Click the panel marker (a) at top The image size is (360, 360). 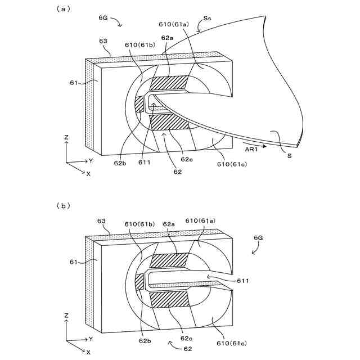pyautogui.click(x=62, y=9)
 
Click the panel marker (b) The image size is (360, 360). pyautogui.click(x=62, y=206)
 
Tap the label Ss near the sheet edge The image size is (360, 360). pyautogui.click(x=208, y=19)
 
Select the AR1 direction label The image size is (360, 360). pyautogui.click(x=251, y=149)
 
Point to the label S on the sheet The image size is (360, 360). pyautogui.click(x=289, y=156)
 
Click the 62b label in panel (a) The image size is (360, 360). pyautogui.click(x=120, y=163)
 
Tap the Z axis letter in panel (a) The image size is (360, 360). pyautogui.click(x=66, y=137)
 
